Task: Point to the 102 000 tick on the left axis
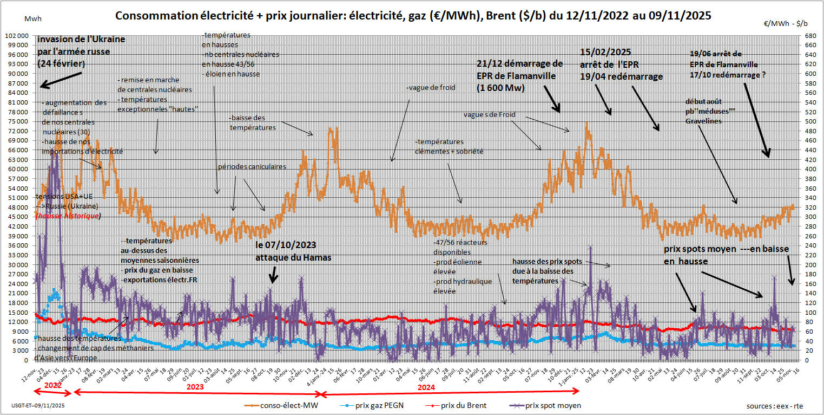point(18,35)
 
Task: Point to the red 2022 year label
point(52,385)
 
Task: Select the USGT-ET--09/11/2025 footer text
point(38,405)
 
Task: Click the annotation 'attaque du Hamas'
point(293,258)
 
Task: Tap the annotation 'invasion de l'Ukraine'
point(81,40)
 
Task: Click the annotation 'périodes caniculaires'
point(252,167)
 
